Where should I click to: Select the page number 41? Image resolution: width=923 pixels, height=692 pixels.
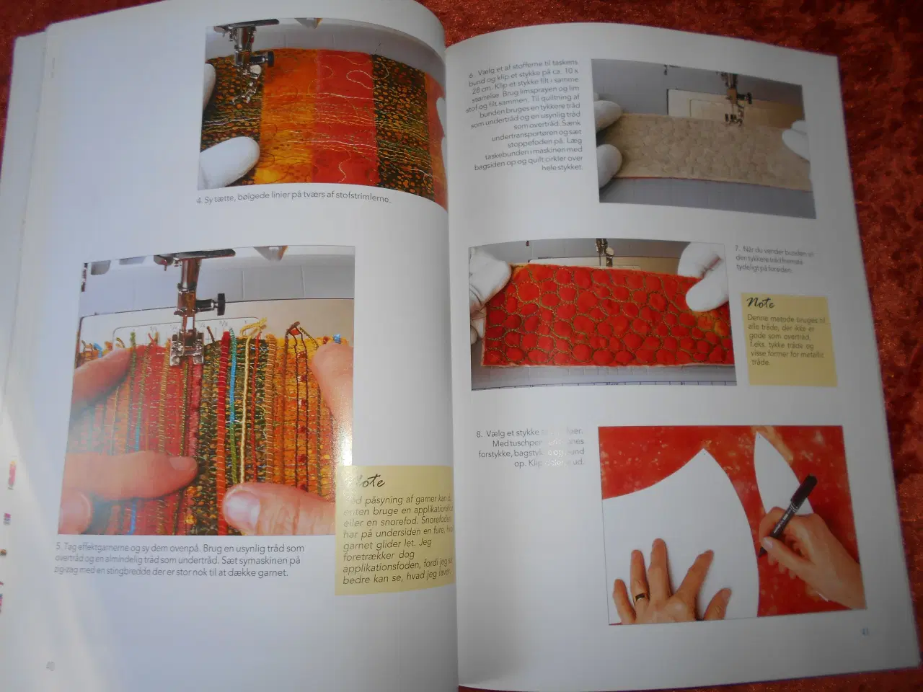coord(865,633)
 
